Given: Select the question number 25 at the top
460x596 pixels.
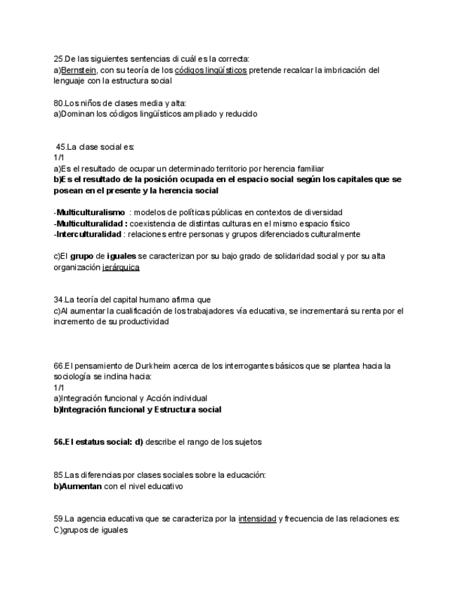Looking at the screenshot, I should point(58,59).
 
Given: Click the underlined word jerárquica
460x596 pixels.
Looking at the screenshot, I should point(121,267).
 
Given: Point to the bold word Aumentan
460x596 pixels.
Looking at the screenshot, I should point(81,486).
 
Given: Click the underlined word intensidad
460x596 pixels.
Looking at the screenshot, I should point(256,519).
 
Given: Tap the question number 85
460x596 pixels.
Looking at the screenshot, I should point(58,475).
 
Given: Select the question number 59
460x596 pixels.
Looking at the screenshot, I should point(58,519).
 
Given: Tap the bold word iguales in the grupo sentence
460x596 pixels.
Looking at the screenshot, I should point(121,257).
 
